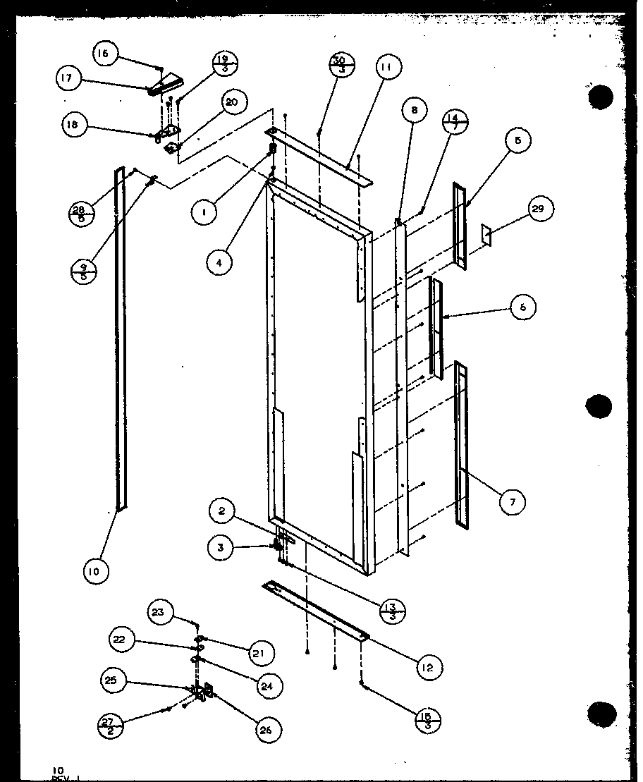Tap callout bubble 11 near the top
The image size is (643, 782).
(387, 68)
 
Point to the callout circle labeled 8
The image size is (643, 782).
(415, 111)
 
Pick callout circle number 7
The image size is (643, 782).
(513, 501)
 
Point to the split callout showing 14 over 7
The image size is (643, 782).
(456, 122)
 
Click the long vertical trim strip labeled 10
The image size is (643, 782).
(120, 338)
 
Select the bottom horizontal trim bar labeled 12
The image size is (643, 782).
(315, 610)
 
